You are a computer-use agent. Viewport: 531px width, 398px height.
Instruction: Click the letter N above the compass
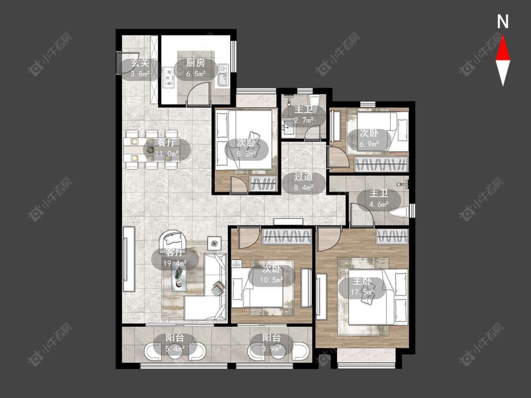pyautogui.click(x=503, y=22)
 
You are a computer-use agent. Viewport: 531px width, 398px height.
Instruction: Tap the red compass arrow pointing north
pyautogui.click(x=503, y=49)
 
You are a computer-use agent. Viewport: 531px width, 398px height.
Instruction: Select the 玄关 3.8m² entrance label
pyautogui.click(x=140, y=68)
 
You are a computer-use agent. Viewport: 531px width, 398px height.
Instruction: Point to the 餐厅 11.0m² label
pyautogui.click(x=167, y=148)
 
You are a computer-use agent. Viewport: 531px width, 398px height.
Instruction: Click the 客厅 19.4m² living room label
pyautogui.click(x=174, y=258)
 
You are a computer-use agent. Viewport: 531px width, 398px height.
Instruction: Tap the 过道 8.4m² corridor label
pyautogui.click(x=303, y=182)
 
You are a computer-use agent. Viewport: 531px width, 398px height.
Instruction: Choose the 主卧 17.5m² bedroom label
pyautogui.click(x=362, y=286)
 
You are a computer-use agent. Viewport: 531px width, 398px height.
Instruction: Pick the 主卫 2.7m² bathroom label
pyautogui.click(x=303, y=115)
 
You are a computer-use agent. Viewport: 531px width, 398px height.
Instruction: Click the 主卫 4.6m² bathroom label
pyautogui.click(x=379, y=199)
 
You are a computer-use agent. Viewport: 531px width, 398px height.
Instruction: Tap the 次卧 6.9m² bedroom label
pyautogui.click(x=369, y=139)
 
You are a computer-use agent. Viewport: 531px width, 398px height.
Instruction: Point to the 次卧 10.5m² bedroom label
pyautogui.click(x=271, y=274)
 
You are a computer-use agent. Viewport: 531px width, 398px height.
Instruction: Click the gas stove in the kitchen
pyautogui.click(x=169, y=77)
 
